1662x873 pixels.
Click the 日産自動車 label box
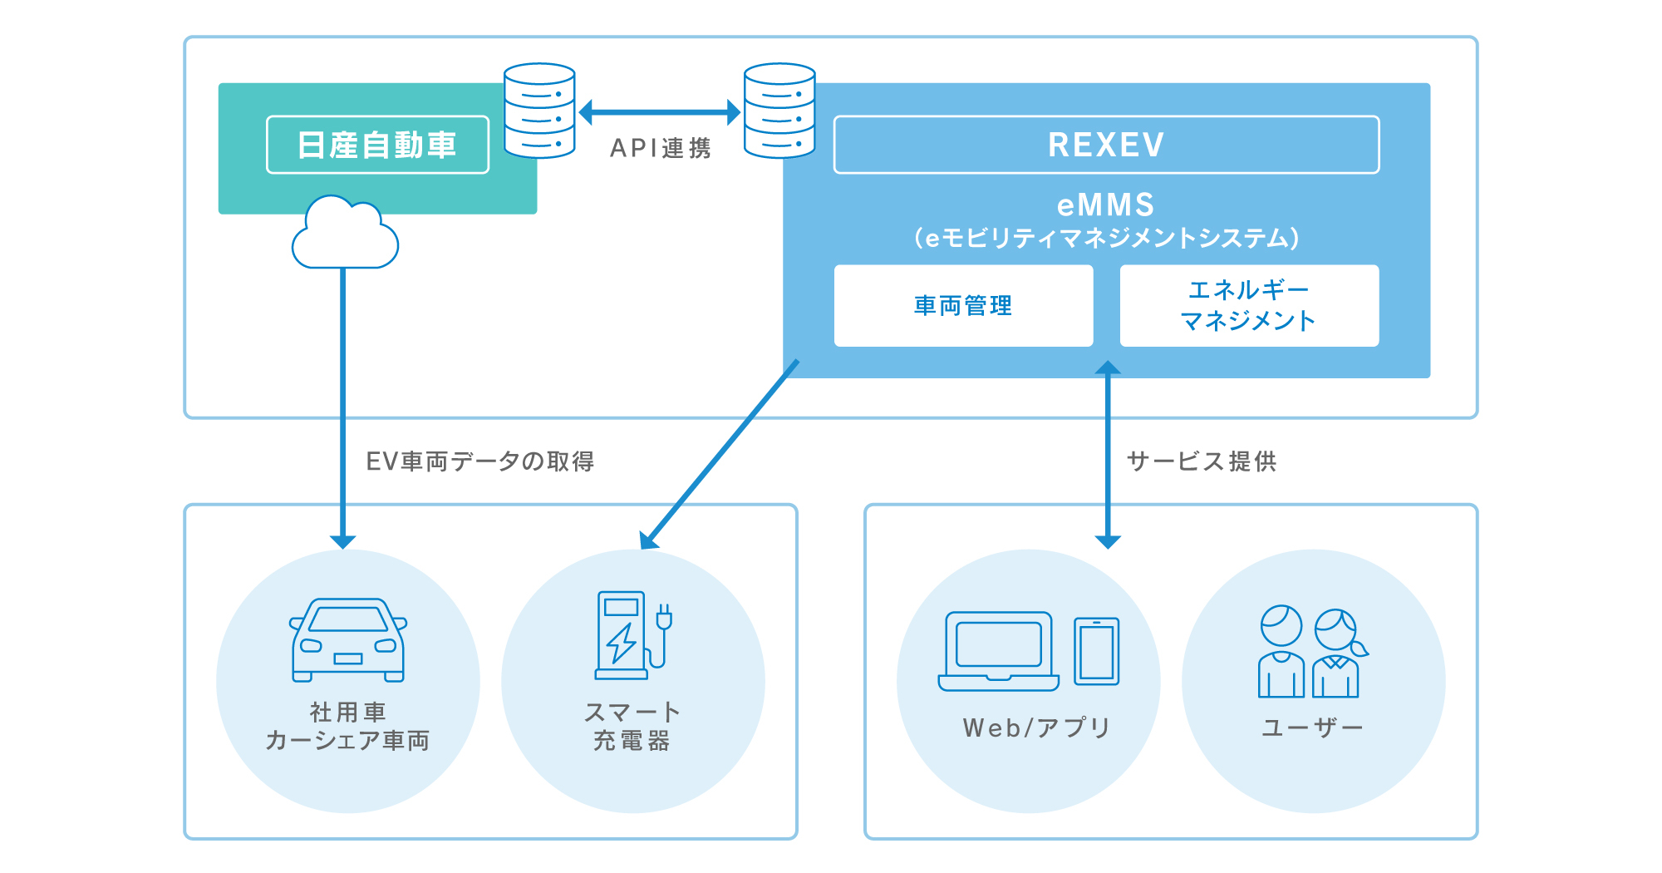click(x=377, y=145)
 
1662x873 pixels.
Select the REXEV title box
click(x=1106, y=145)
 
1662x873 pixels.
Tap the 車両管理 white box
click(x=963, y=305)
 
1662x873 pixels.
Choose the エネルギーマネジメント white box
click(x=1249, y=305)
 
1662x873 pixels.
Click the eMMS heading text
click(x=1106, y=205)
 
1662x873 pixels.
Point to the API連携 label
click(x=661, y=148)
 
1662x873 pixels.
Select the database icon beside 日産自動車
click(x=539, y=111)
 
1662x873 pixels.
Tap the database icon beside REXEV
click(x=779, y=111)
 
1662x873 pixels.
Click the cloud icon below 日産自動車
click(x=345, y=235)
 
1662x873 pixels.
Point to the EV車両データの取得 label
click(x=480, y=461)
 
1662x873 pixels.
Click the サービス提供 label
click(x=1202, y=461)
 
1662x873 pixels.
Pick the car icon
click(x=348, y=639)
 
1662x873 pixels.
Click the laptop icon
click(x=999, y=651)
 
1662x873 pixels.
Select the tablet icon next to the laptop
click(x=1096, y=651)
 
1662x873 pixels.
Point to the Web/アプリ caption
click(x=1036, y=727)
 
